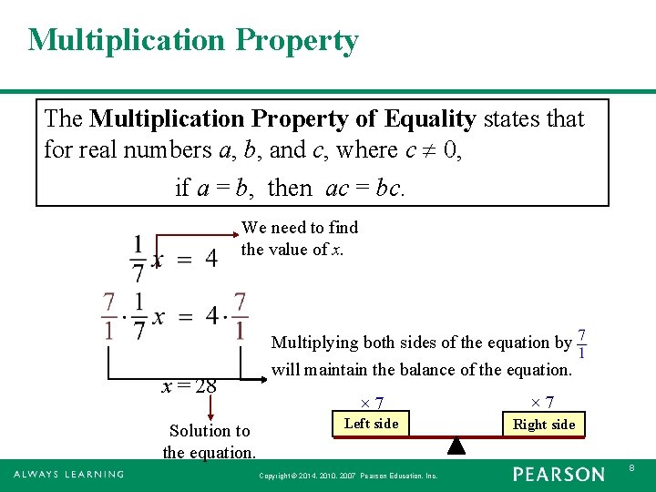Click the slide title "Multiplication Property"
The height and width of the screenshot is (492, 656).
pos(193,40)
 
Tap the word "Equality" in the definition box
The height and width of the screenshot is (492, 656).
pos(430,118)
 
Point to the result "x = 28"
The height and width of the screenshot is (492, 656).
pos(189,385)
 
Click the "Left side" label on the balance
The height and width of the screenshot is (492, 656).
pos(371,423)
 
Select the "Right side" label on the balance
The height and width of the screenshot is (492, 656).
pos(544,424)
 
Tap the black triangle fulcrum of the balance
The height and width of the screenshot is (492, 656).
pos(456,446)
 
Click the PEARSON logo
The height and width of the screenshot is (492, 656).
pos(559,474)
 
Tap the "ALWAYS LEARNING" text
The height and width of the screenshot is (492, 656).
pos(68,474)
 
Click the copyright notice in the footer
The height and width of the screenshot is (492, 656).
pos(348,476)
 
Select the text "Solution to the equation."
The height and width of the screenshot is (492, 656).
pos(210,441)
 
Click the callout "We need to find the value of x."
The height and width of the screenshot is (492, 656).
pos(299,238)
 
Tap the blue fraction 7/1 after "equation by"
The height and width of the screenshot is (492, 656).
pos(581,343)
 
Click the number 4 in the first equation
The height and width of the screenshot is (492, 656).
pos(210,258)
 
